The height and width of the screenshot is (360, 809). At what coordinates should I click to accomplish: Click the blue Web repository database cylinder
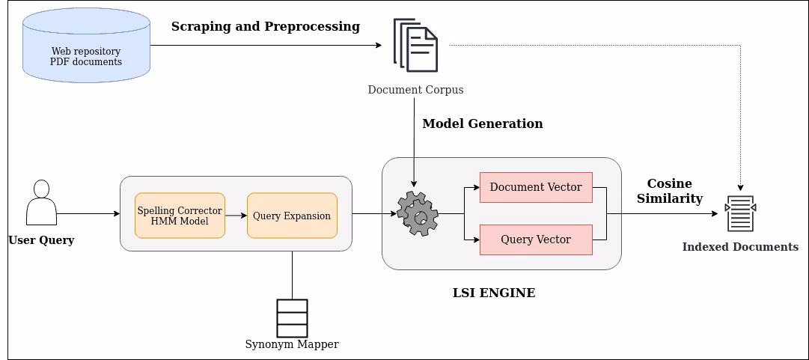[x=86, y=45]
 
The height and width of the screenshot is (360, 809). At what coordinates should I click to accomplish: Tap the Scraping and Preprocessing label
[x=266, y=27]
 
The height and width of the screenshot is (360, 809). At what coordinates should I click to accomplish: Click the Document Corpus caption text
[x=415, y=90]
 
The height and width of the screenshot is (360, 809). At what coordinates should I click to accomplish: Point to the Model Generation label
[x=483, y=123]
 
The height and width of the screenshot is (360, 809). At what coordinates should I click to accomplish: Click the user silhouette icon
[x=41, y=203]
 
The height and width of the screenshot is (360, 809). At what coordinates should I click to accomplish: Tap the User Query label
[x=41, y=240]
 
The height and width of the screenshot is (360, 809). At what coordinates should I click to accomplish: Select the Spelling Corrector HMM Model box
[x=180, y=216]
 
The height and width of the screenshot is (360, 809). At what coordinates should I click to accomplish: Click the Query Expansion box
[x=292, y=216]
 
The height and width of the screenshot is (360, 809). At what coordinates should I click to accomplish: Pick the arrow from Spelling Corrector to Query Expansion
[x=236, y=216]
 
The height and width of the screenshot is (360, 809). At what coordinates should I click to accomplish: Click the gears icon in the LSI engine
[x=417, y=213]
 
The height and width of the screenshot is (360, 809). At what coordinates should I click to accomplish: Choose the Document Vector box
[x=536, y=187]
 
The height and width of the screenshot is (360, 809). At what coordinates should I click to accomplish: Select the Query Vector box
[x=536, y=240]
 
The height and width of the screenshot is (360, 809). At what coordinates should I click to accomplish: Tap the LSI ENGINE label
[x=494, y=293]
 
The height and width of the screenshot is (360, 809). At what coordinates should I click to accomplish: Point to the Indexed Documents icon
[x=740, y=214]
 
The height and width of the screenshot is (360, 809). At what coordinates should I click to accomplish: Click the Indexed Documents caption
[x=740, y=247]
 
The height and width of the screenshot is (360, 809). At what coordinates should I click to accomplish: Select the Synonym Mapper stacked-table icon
[x=292, y=318]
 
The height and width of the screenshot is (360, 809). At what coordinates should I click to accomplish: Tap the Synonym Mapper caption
[x=292, y=344]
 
